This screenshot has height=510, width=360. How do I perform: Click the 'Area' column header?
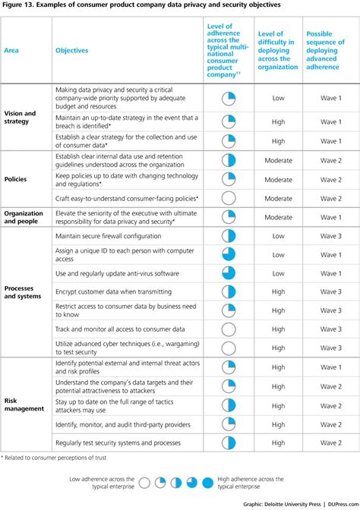(x=12, y=50)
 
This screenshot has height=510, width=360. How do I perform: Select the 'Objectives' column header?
(x=72, y=50)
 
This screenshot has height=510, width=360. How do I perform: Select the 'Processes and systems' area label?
(x=23, y=292)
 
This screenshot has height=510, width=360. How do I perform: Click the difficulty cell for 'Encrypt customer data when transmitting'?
(x=278, y=291)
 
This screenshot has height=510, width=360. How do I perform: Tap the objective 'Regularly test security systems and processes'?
(x=118, y=442)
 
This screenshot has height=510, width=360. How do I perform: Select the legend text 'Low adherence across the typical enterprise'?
(x=102, y=483)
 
